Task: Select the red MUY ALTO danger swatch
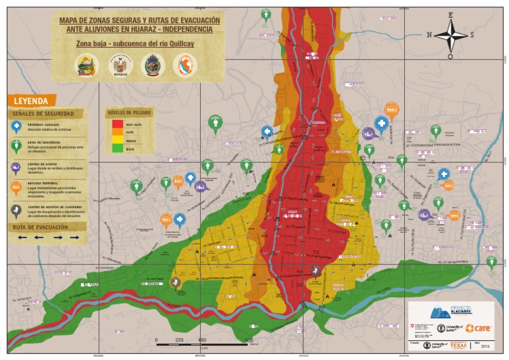pos(117,123)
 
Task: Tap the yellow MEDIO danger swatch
pos(117,140)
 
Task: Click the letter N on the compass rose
pos(429,34)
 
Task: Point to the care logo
pos(478,328)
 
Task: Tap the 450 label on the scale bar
pos(202,340)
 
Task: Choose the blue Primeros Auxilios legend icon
pos(16,126)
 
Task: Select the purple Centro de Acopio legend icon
pos(16,167)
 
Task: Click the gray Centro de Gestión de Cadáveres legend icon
pos(16,210)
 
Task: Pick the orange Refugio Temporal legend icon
pos(16,188)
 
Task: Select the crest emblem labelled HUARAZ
pos(121,65)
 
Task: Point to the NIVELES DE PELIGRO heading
pos(129,112)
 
